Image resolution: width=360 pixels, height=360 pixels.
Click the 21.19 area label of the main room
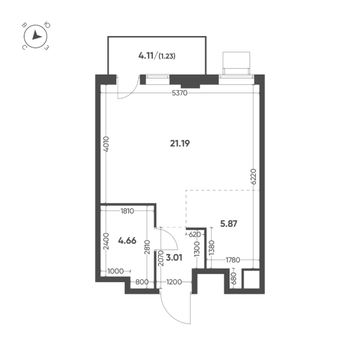[x=180, y=143]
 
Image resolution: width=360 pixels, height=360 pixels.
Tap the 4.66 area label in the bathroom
[x=127, y=240]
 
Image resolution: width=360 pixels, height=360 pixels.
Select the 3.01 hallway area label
[x=174, y=258]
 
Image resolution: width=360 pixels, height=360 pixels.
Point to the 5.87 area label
[x=229, y=224]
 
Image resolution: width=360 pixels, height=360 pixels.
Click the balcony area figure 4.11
[x=146, y=55]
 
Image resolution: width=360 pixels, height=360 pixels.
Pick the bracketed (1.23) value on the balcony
[x=167, y=56]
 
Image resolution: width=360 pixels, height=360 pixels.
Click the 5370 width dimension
[x=180, y=93]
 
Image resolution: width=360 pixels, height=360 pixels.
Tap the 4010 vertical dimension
[x=106, y=144]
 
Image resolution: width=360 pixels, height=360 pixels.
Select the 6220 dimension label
[x=253, y=177]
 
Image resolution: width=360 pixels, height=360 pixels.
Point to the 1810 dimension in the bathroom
[x=127, y=211]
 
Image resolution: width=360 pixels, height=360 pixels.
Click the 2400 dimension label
[x=106, y=241]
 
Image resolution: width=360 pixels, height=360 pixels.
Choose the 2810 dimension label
[x=147, y=247]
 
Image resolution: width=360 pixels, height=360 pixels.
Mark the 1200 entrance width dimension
[x=174, y=282]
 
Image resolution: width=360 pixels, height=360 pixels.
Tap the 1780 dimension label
[x=233, y=260]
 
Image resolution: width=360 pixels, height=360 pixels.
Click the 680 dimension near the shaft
[x=234, y=278]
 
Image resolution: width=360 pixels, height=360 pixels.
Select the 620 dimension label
[x=195, y=235]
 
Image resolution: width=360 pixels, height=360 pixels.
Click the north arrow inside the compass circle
[x=36, y=35]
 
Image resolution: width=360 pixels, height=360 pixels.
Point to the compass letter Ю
[x=47, y=25]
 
